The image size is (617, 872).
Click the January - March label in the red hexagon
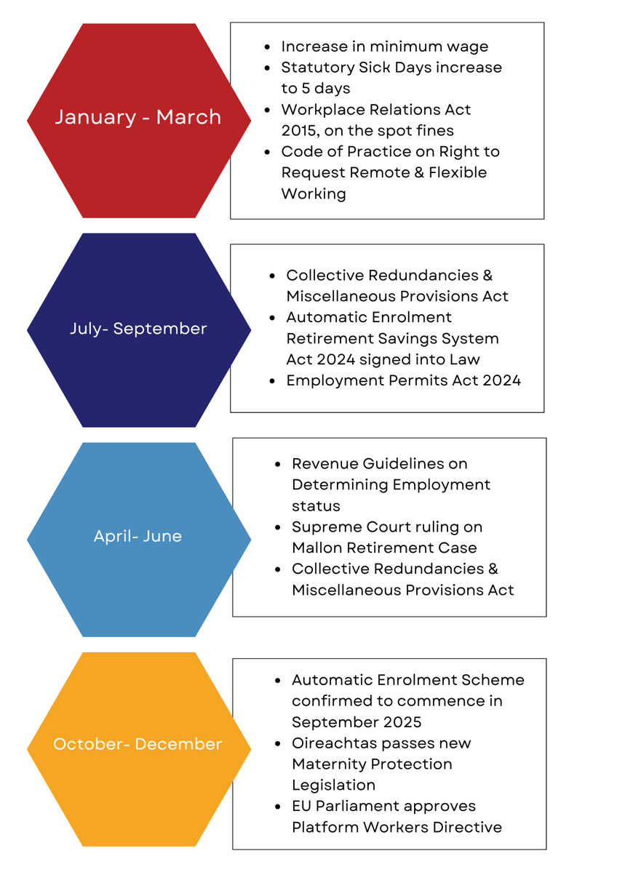click(138, 117)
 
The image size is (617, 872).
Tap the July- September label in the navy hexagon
click(138, 329)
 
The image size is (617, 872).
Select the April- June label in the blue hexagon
click(138, 536)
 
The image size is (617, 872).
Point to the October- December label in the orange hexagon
click(138, 744)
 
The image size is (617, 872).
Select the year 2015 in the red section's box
click(299, 131)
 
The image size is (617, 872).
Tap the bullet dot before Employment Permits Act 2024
click(272, 382)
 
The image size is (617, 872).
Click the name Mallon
click(317, 548)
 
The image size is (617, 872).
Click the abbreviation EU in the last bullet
click(301, 807)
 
